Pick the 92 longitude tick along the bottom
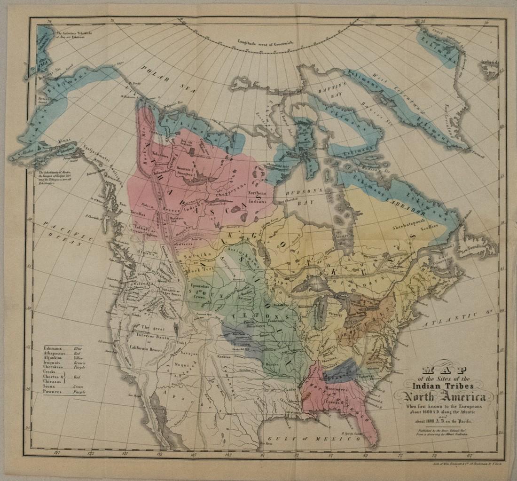click(x=297, y=455)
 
